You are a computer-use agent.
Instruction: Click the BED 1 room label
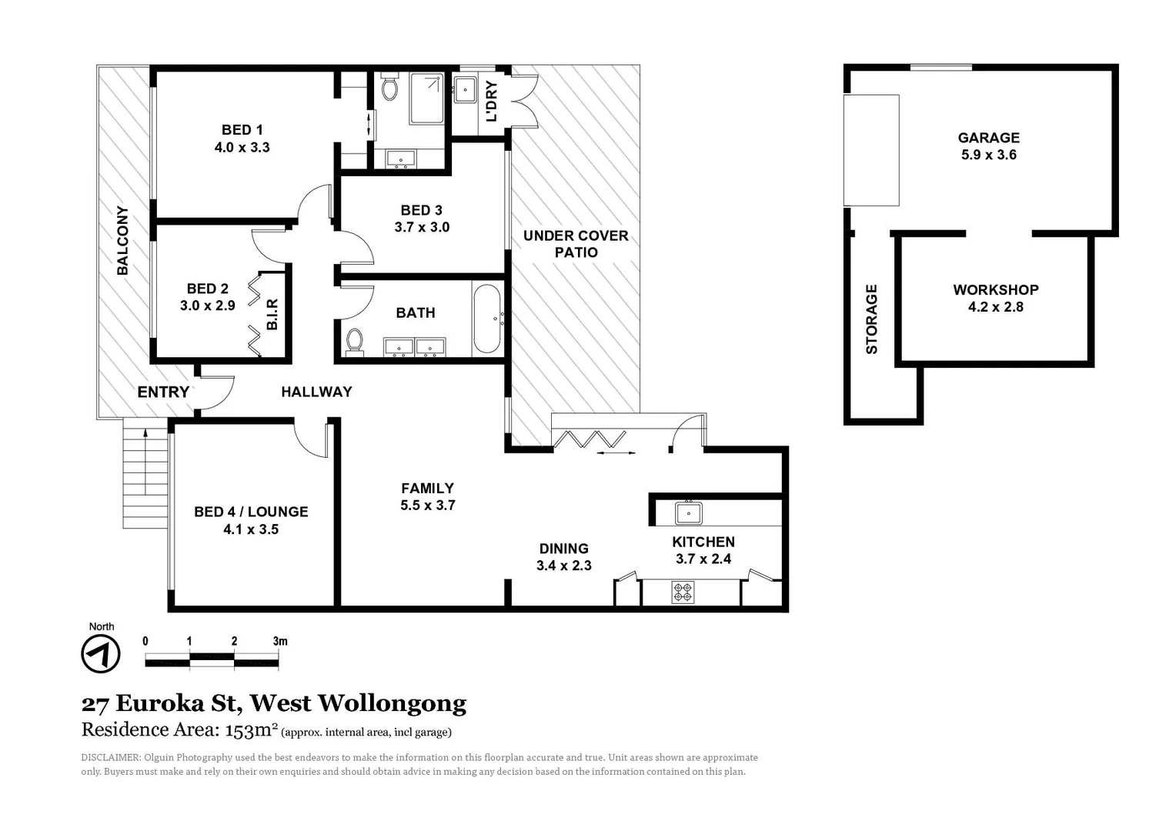coord(242,130)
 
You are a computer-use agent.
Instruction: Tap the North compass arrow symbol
coord(101,655)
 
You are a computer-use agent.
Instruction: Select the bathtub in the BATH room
coord(486,319)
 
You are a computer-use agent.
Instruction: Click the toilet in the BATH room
coord(355,341)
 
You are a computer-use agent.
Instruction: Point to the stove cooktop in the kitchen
coord(683,592)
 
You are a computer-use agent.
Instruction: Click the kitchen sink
coord(687,512)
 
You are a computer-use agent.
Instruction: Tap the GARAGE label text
coord(988,138)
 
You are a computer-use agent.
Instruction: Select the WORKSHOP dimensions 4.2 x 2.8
coord(995,307)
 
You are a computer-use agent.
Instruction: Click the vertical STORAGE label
coord(872,319)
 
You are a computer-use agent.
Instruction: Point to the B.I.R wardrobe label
coord(272,315)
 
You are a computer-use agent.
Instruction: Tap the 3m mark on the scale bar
coord(280,641)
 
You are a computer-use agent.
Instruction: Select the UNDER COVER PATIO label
coord(576,244)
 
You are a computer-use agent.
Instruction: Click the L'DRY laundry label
coord(491,102)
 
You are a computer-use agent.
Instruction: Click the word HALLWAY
coord(316,392)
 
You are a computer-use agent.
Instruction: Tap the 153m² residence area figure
coord(251,729)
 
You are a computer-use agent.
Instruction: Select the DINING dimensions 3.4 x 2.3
coord(563,566)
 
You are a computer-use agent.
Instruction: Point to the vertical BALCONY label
coord(122,240)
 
